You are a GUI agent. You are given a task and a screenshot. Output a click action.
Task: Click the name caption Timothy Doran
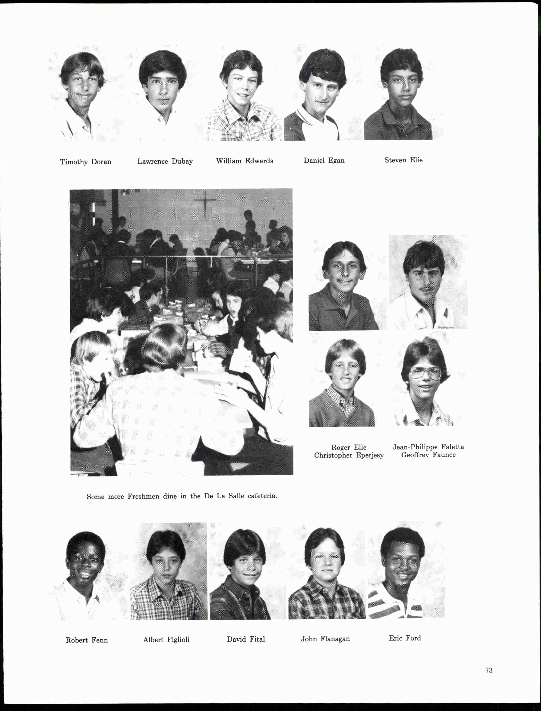85,162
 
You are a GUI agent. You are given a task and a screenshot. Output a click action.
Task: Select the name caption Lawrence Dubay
165,161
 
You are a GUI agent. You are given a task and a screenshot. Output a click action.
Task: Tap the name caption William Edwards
245,161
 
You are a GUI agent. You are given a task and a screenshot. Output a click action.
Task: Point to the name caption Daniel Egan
324,160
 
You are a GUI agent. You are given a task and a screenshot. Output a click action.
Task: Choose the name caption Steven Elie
403,160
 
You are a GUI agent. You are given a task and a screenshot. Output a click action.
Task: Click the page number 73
489,670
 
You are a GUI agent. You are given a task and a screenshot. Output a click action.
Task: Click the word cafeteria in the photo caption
262,496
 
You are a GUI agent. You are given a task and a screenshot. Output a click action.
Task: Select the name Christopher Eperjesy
349,455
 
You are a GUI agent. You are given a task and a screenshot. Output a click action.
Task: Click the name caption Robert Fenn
87,640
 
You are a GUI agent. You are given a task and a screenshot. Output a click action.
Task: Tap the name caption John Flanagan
325,639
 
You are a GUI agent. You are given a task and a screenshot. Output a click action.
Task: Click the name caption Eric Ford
404,638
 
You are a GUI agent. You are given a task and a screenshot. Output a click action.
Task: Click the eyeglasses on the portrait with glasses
425,374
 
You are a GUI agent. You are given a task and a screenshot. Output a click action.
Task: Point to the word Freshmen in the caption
143,496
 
